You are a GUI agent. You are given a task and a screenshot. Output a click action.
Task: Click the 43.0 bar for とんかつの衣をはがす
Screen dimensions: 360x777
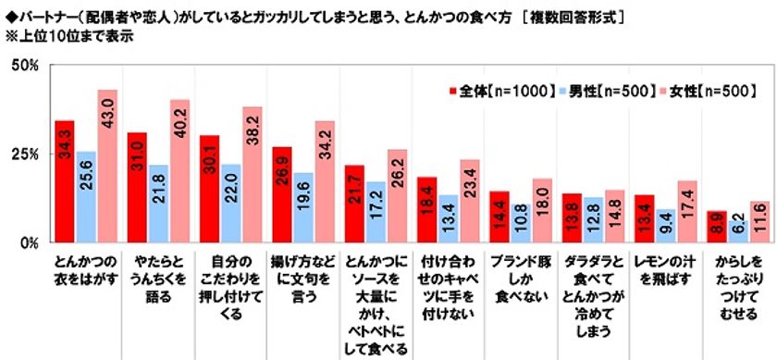point(107,167)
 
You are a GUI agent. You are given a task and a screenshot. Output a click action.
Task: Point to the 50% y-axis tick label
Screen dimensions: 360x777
point(23,65)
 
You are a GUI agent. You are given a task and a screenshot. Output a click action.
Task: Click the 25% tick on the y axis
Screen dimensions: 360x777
point(23,154)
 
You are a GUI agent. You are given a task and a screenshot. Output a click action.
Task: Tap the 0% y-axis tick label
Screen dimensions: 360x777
point(28,242)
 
